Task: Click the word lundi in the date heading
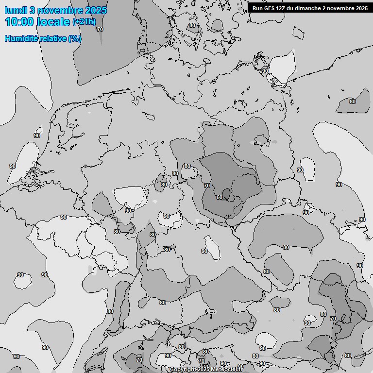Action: coord(15,10)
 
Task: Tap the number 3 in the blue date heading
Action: coord(32,10)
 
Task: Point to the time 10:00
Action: coord(19,22)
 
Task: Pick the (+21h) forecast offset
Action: coord(84,22)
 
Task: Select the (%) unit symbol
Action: coord(75,38)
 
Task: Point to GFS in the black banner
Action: coord(270,8)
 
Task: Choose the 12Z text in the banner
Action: coord(283,8)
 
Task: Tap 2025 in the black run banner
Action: coord(361,8)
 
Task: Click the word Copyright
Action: coord(183,370)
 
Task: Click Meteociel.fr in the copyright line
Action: coord(230,370)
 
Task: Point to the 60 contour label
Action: coord(220,197)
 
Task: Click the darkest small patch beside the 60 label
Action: coord(226,193)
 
